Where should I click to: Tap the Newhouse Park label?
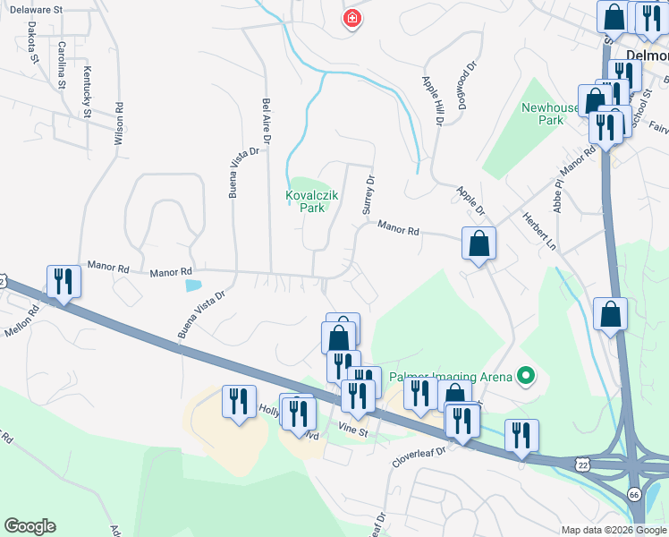point(543,114)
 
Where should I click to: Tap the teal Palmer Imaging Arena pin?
point(525,376)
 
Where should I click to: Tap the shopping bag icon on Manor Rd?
point(479,243)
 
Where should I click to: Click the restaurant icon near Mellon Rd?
point(64,282)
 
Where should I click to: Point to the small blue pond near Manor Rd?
point(193,286)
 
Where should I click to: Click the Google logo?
point(30,526)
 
